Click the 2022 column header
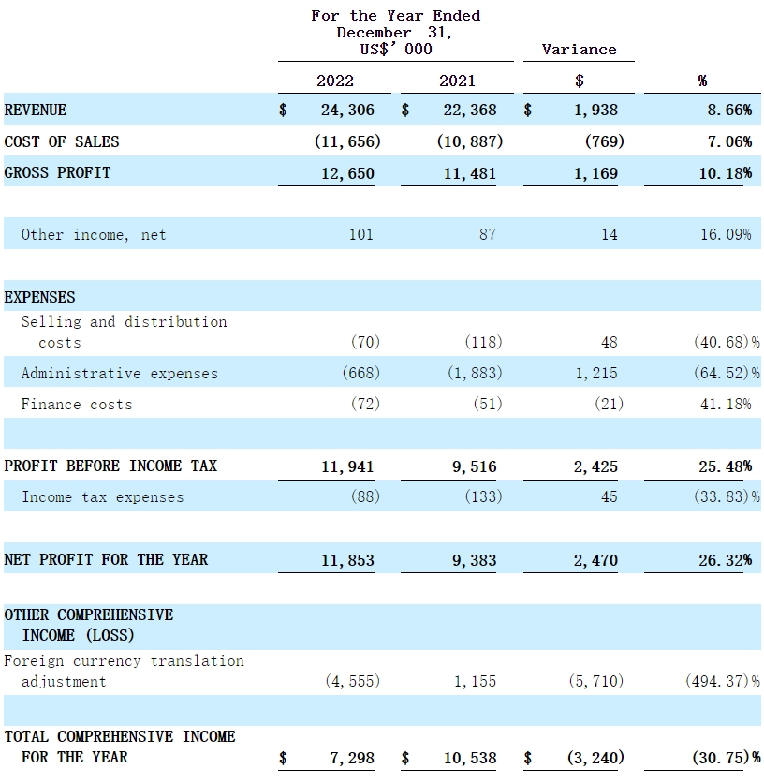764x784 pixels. (335, 81)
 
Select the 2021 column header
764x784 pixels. (457, 81)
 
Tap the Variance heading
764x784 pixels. (579, 50)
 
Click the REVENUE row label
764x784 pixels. (36, 110)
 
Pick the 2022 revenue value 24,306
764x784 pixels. (346, 110)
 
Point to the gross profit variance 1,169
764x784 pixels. (595, 173)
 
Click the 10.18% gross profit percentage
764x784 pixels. (727, 173)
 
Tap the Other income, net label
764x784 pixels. (94, 235)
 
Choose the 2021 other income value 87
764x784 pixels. (487, 235)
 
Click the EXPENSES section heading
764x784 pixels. (39, 297)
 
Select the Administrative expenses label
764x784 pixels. (120, 374)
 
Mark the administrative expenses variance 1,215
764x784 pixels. (595, 374)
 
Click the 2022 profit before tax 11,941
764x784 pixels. (346, 466)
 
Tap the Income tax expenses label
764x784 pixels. (103, 497)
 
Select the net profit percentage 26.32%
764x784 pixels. (727, 560)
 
